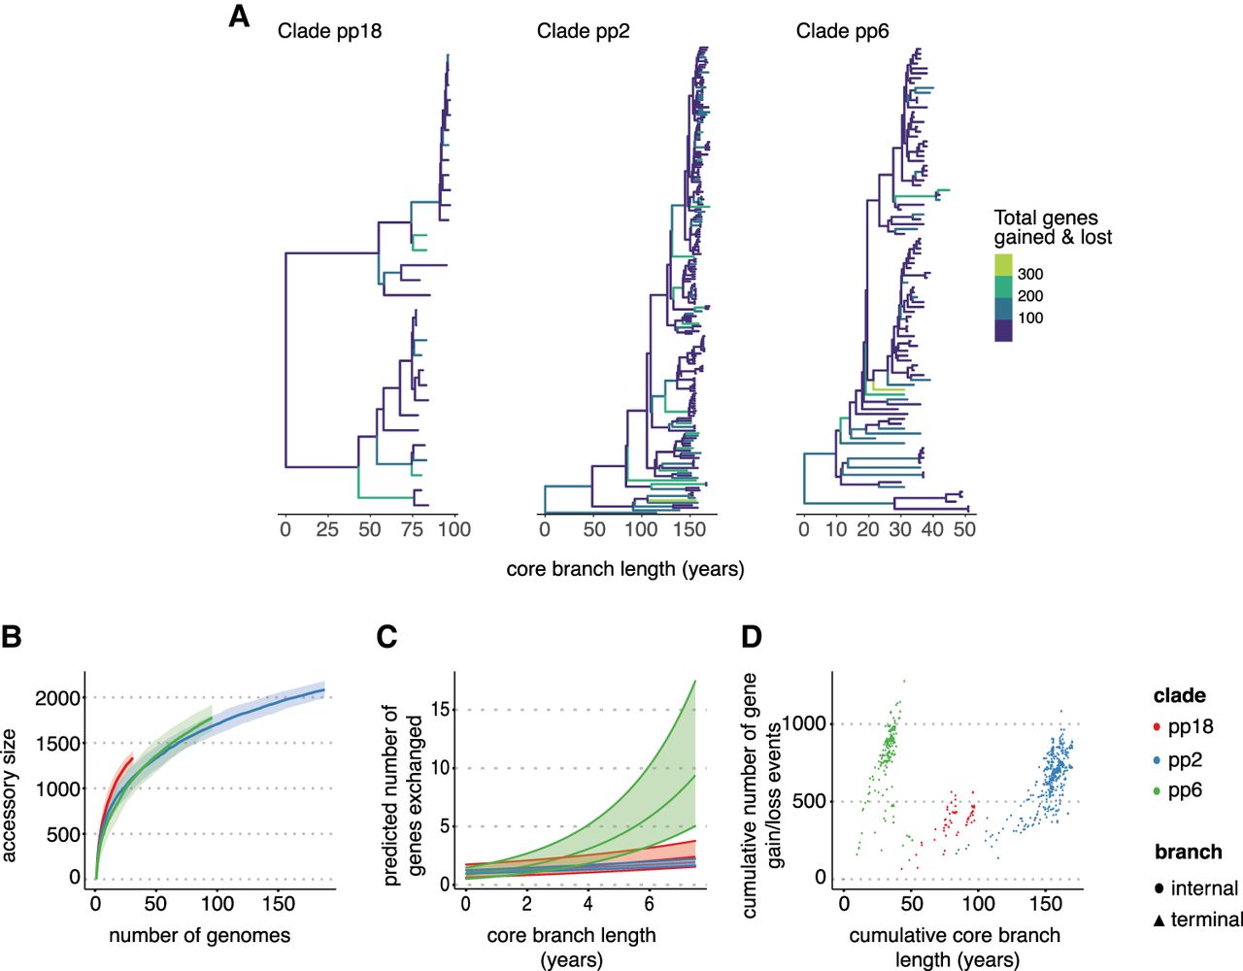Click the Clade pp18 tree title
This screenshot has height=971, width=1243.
(329, 31)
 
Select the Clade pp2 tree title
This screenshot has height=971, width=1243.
(583, 31)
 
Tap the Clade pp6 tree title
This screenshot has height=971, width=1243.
(843, 31)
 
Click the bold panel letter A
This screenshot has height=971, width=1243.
(239, 17)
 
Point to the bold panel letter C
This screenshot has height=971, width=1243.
(386, 637)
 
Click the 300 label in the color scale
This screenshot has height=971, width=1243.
(1030, 275)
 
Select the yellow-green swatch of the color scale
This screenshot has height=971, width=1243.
(1003, 265)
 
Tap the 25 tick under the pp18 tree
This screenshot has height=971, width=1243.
(327, 529)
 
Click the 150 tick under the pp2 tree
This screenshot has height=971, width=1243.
(689, 529)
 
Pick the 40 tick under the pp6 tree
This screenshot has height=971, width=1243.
(932, 529)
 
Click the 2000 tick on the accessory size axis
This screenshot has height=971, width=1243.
(58, 698)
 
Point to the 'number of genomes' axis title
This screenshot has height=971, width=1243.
(200, 935)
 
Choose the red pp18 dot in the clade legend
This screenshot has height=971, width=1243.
(1158, 727)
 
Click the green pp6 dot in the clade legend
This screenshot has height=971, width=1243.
(1158, 791)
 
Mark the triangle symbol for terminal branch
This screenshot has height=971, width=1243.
(1159, 921)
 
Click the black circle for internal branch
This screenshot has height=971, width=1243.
(1159, 888)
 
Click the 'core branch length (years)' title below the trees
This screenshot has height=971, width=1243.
(625, 570)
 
